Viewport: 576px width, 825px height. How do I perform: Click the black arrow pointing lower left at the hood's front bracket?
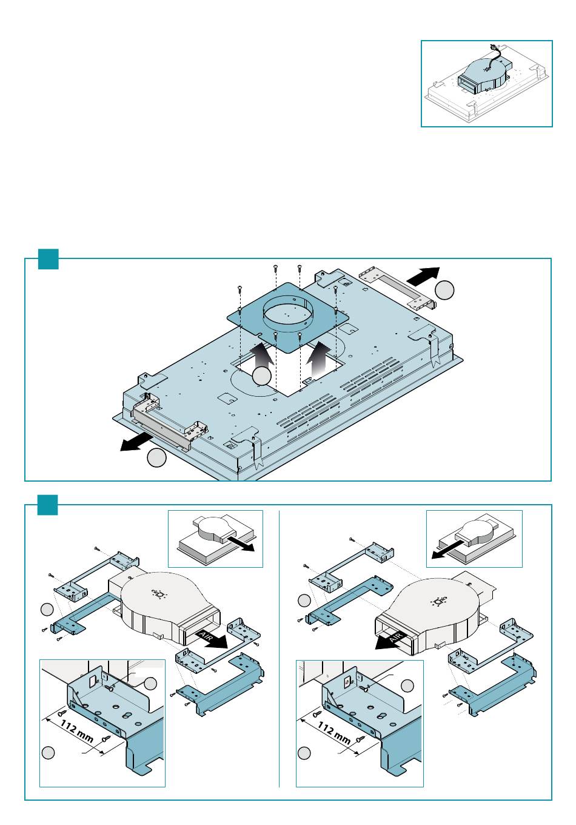(x=136, y=442)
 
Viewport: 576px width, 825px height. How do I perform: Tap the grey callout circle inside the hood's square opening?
(x=261, y=376)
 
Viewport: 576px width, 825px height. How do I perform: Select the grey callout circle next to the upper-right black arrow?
(x=445, y=291)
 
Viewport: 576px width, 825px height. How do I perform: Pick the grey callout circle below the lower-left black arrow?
(x=156, y=459)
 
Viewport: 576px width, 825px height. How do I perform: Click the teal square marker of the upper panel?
(x=48, y=259)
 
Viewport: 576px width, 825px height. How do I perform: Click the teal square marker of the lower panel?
(x=48, y=505)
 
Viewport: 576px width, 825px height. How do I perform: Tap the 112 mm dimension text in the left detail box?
(x=76, y=730)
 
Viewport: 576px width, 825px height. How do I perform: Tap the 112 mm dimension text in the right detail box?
(x=333, y=730)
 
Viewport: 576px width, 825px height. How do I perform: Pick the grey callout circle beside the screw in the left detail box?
(x=151, y=684)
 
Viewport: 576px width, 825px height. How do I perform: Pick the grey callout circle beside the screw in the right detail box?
(x=407, y=685)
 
